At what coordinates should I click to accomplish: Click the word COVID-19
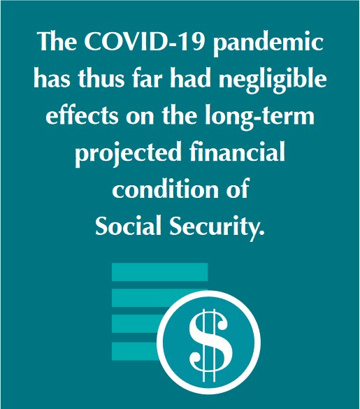point(144,42)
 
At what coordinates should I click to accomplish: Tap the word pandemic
point(268,44)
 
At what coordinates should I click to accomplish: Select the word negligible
point(273,80)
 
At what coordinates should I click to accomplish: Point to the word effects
point(82,115)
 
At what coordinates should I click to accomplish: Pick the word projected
point(128,154)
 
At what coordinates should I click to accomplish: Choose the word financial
point(237,152)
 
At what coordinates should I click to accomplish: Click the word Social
point(128,225)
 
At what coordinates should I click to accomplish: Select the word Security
point(217,227)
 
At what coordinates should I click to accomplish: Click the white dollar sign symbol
point(210,345)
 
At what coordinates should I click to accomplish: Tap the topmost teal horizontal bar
point(159,272)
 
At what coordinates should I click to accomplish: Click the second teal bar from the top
point(146,298)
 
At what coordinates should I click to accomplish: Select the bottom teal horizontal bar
point(134,352)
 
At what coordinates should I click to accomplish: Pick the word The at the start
point(57,42)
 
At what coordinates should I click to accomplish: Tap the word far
point(147,78)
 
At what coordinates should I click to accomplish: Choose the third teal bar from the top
point(137,324)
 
